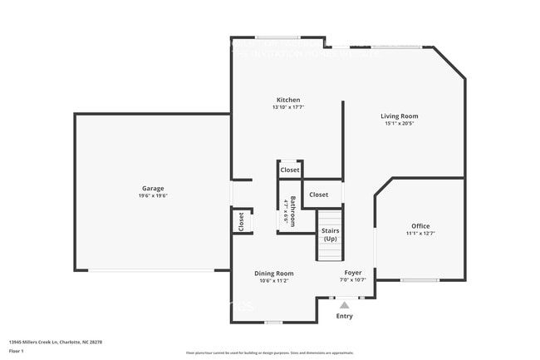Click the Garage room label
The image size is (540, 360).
tap(153, 188)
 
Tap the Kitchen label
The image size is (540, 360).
tap(288, 100)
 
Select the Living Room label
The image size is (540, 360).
tap(400, 116)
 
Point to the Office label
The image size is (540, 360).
tap(420, 226)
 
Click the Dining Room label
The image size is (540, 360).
tap(273, 273)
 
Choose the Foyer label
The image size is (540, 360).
tap(353, 273)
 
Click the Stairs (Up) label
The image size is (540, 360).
tap(330, 234)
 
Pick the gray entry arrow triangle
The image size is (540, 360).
tap(344, 304)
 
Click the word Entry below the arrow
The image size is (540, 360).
tap(344, 316)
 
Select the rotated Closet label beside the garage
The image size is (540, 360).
tap(242, 221)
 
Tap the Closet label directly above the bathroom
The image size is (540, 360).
tap(289, 170)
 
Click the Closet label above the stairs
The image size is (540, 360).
tap(319, 195)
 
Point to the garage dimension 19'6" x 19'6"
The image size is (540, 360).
tap(153, 196)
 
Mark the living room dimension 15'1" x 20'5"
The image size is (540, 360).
tap(400, 125)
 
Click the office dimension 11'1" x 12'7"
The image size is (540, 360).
tap(420, 234)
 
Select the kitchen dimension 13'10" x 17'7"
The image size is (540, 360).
tap(288, 107)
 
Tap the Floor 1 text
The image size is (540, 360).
tap(16, 351)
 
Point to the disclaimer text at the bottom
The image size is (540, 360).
tap(269, 353)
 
